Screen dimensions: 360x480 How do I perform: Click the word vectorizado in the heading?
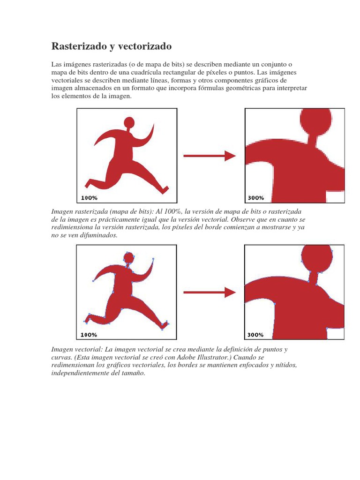pyautogui.click(x=145, y=46)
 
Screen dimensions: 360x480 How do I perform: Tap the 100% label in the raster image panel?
pyautogui.click(x=89, y=198)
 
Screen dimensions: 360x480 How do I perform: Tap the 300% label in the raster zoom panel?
pyautogui.click(x=255, y=198)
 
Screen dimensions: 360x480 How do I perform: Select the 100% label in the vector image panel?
pyautogui.click(x=89, y=335)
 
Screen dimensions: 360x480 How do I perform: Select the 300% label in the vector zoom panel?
pyautogui.click(x=255, y=335)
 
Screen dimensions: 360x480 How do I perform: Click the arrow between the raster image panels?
pyautogui.click(x=210, y=156)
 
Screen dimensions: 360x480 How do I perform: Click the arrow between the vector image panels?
pyautogui.click(x=210, y=292)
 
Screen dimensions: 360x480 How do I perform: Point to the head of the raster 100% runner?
pyautogui.click(x=129, y=121)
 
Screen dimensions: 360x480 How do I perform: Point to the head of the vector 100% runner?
pyautogui.click(x=128, y=257)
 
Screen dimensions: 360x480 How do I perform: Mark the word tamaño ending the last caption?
pyautogui.click(x=135, y=373)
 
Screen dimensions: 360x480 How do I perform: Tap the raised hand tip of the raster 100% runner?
pyautogui.click(x=154, y=124)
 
